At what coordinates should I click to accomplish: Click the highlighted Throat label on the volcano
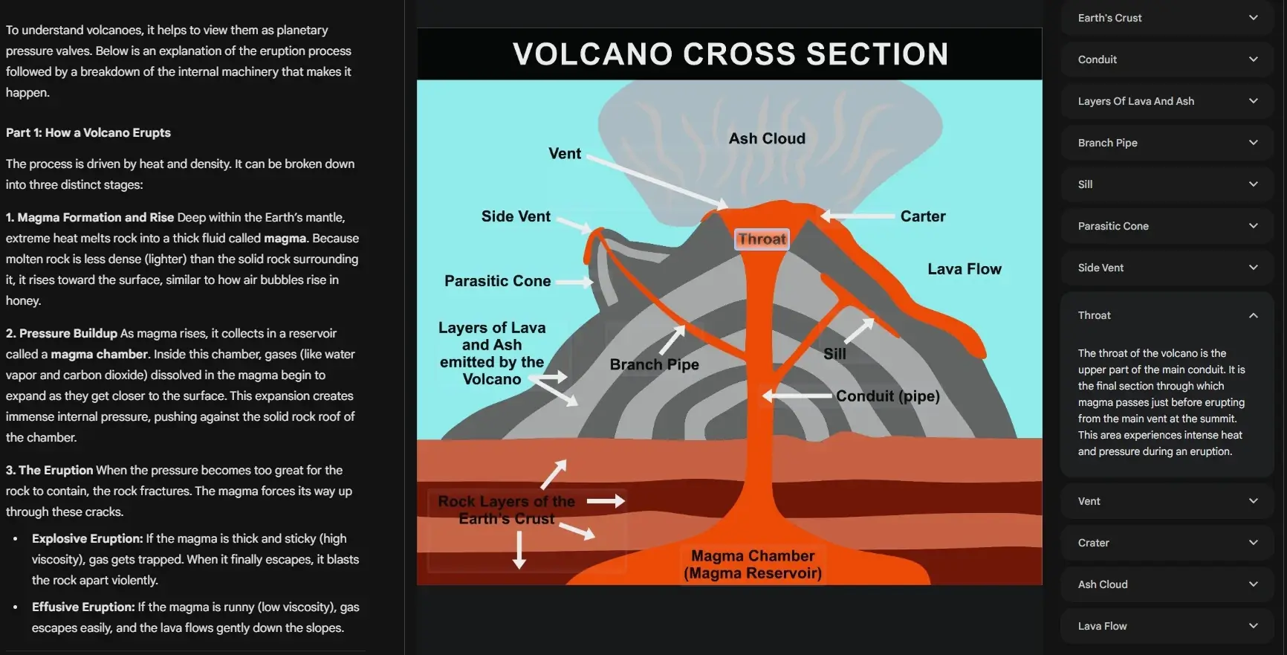pos(762,239)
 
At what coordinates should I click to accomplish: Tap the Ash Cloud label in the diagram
pos(767,139)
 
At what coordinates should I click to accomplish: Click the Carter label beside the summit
pos(923,216)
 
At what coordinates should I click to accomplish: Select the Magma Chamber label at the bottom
pos(753,564)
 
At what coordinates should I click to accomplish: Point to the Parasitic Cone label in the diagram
pos(497,281)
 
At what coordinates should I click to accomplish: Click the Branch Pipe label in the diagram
pos(654,364)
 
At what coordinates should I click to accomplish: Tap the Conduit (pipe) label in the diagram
pos(887,396)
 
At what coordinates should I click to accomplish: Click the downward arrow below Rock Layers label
pos(519,551)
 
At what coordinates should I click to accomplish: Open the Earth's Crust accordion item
pos(1166,18)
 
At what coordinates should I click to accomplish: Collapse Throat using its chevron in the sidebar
pos(1253,315)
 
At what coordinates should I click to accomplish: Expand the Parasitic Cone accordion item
pos(1166,226)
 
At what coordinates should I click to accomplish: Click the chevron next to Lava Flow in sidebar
pos(1253,626)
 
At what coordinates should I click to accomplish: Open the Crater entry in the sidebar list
pos(1166,543)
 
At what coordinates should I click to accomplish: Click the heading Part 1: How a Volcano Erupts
pos(88,133)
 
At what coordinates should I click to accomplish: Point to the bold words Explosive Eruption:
pos(87,539)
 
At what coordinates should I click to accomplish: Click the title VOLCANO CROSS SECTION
pos(730,54)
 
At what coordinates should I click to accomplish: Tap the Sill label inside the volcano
pos(834,354)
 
